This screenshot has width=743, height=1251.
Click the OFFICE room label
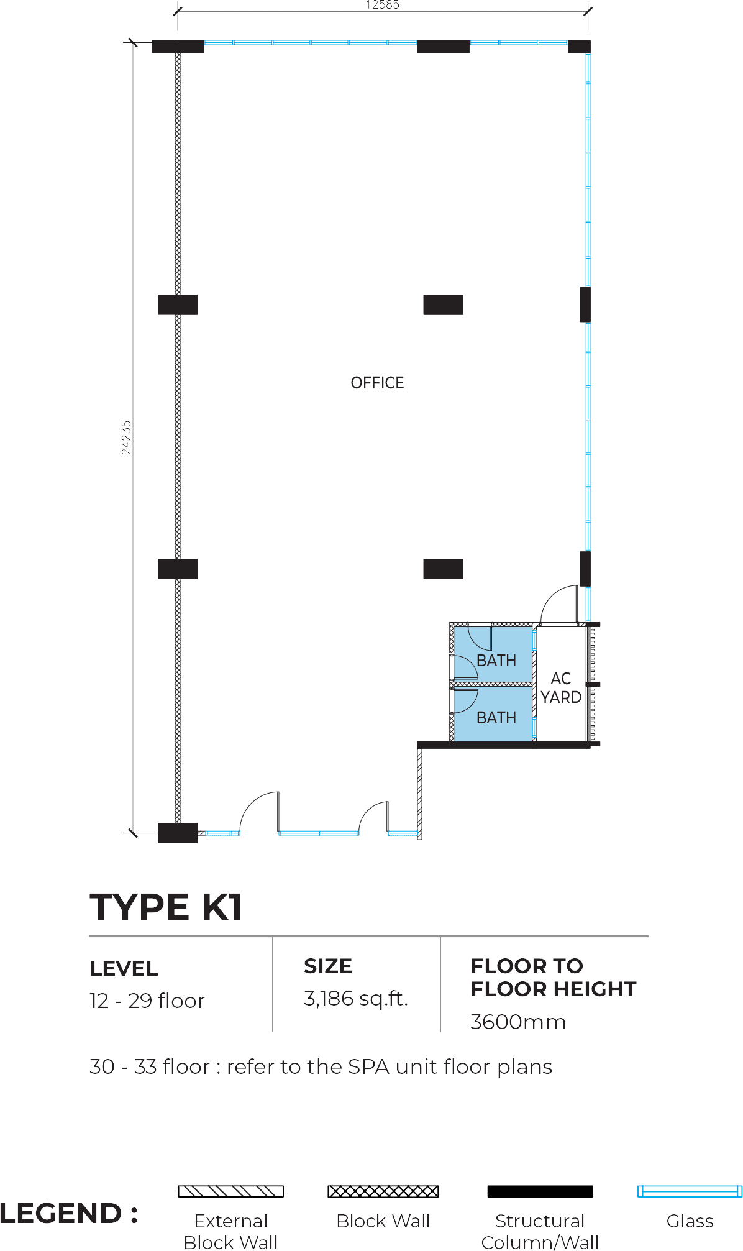[x=377, y=383]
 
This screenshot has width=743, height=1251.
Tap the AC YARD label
[x=561, y=688]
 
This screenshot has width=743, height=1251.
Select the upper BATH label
[x=496, y=661]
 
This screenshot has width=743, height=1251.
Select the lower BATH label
[x=496, y=718]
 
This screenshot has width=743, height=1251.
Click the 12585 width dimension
[x=383, y=5]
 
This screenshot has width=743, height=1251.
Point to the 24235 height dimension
[x=126, y=438]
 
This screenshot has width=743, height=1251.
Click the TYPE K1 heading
[x=166, y=907]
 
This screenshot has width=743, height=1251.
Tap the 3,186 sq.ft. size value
[x=355, y=998]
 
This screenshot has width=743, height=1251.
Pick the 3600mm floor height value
[x=518, y=1022]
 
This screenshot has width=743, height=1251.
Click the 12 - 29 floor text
[x=147, y=1001]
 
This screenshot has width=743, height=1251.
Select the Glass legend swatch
[x=690, y=1191]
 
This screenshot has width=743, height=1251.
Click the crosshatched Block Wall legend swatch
[x=383, y=1191]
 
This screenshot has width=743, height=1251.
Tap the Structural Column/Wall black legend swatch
[x=540, y=1191]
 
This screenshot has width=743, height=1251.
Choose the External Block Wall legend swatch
[x=231, y=1191]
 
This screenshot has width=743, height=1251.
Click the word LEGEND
[x=61, y=1213]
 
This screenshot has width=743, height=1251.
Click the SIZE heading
[x=328, y=966]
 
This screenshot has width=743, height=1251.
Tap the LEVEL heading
[x=124, y=968]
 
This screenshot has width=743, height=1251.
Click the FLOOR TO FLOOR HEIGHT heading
[x=554, y=978]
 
